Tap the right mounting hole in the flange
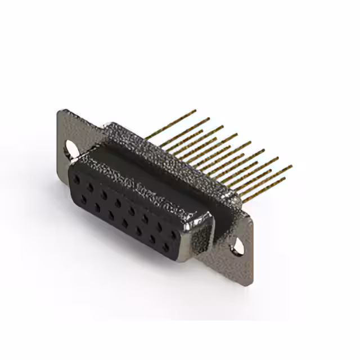coord(236,244)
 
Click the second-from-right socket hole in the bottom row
coord(152,238)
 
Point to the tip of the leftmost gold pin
coord(195,111)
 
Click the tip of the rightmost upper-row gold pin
coord(291,166)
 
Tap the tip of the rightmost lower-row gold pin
coord(285,179)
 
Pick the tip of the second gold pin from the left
coord(209,119)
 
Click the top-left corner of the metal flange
coord(60,111)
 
